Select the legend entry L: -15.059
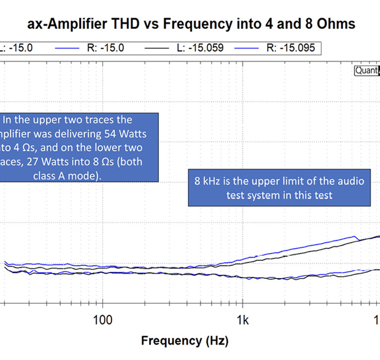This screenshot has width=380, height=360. pos(200,48)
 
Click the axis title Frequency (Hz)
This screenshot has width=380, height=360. pos(184,341)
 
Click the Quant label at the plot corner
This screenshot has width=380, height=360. pos(366,71)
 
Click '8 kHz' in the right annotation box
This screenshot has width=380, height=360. pos(207,181)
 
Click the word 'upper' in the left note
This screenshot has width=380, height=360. pos(59,120)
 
